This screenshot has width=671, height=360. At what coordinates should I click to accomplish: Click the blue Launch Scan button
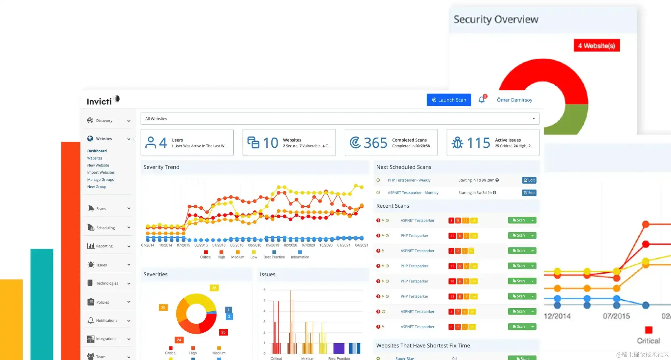[449, 100]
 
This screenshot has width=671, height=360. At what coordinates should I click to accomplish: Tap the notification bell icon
[481, 100]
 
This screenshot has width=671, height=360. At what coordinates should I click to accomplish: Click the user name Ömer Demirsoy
[514, 100]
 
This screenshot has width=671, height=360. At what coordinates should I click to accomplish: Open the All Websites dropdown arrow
[534, 119]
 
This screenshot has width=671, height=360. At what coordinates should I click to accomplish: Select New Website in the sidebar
[98, 165]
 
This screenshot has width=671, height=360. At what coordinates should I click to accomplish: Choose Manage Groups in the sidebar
[100, 180]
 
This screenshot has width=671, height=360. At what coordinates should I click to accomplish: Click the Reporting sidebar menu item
[104, 246]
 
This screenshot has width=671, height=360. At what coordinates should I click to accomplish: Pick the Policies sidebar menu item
[102, 302]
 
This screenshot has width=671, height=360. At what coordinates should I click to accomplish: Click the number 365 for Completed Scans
[375, 143]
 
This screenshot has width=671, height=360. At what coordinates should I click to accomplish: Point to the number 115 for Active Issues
[479, 143]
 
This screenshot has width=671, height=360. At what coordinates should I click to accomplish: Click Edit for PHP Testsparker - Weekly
[529, 180]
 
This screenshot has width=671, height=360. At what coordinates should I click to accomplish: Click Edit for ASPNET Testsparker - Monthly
[529, 193]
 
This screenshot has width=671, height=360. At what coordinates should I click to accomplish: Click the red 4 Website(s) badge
[597, 45]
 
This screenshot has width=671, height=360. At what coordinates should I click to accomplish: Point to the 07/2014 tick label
[148, 245]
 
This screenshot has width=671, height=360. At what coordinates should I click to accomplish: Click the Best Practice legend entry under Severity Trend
[274, 257]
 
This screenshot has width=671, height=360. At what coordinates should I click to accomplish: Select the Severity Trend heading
[161, 167]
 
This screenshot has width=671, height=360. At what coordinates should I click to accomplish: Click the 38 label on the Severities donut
[214, 288]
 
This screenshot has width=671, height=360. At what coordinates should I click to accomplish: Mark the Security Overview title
[496, 19]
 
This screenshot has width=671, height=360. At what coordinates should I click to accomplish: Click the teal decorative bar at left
[42, 303]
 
